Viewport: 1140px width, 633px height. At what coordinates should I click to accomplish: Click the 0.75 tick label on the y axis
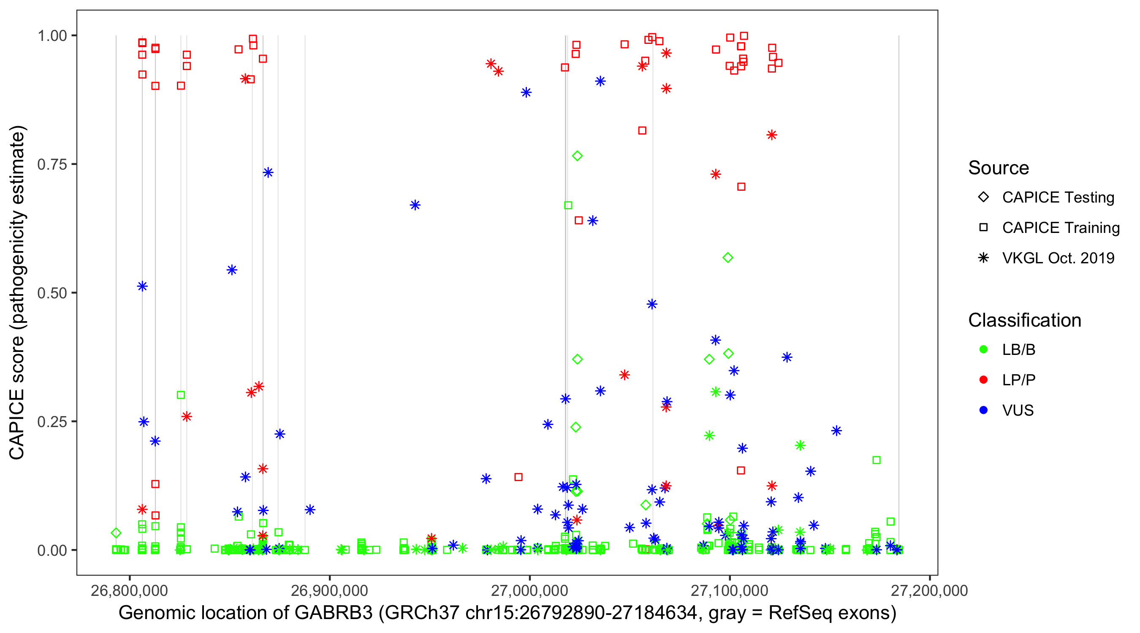52,164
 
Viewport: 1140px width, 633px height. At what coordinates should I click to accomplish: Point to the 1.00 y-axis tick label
52,35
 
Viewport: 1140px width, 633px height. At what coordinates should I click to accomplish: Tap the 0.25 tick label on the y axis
52,422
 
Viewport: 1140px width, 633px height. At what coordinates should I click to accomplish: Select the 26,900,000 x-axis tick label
329,590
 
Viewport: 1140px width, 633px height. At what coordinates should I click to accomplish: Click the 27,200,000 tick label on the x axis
929,590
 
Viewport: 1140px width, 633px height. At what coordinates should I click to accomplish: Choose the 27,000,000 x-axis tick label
529,590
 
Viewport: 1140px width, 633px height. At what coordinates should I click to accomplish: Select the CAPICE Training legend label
1060,228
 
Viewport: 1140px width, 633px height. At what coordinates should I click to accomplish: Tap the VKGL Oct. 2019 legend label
1058,258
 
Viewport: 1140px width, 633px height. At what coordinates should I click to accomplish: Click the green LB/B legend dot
983,349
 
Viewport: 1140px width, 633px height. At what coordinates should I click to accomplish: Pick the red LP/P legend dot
983,380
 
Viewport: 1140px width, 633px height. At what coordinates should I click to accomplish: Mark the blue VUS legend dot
983,410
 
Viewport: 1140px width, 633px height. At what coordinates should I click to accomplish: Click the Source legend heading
999,168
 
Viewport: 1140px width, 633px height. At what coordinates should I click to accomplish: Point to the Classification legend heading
1024,320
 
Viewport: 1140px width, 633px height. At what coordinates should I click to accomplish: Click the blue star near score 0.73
268,173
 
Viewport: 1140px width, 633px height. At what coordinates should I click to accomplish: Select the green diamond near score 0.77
577,156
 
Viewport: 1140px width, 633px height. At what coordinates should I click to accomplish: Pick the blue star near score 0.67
415,205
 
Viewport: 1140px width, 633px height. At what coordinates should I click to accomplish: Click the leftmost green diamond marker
116,533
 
